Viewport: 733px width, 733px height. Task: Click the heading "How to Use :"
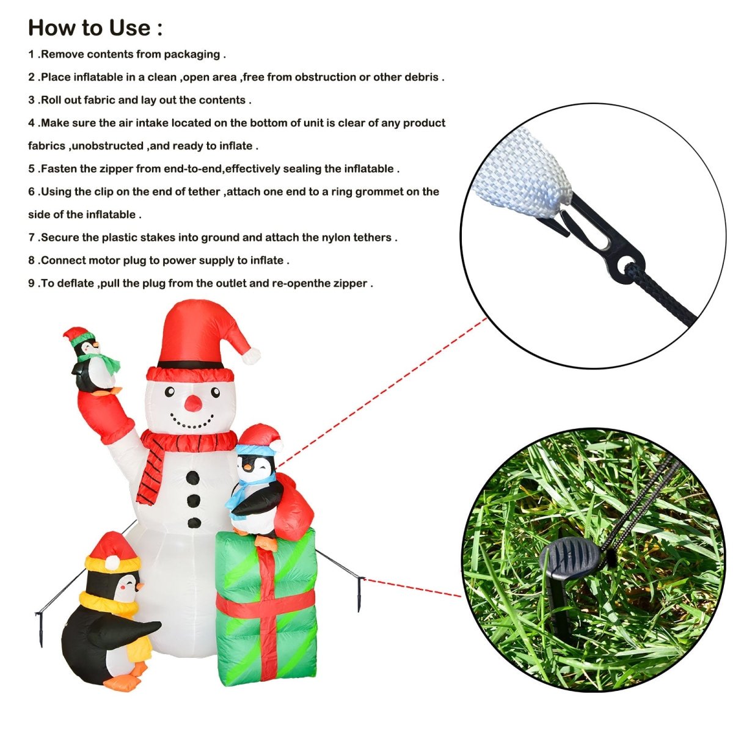coord(95,28)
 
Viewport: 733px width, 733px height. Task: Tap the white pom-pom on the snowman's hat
coord(250,356)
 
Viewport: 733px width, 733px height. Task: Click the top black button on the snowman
coord(194,476)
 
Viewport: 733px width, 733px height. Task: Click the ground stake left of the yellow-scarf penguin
coord(42,629)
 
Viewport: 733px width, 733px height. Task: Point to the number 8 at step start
coord(31,261)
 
